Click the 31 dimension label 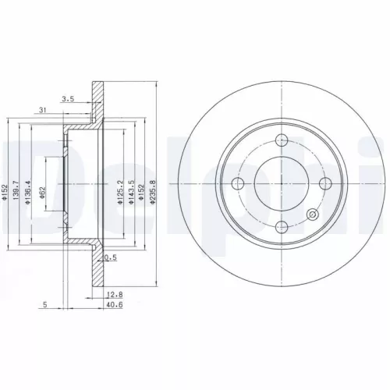[x=41, y=111]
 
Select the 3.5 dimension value [x=68, y=100]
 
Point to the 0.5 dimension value [x=112, y=259]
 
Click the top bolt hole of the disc [x=283, y=141]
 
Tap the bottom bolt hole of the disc [x=283, y=227]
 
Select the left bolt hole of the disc [x=240, y=184]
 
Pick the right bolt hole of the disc [x=326, y=184]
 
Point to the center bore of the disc [x=283, y=184]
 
